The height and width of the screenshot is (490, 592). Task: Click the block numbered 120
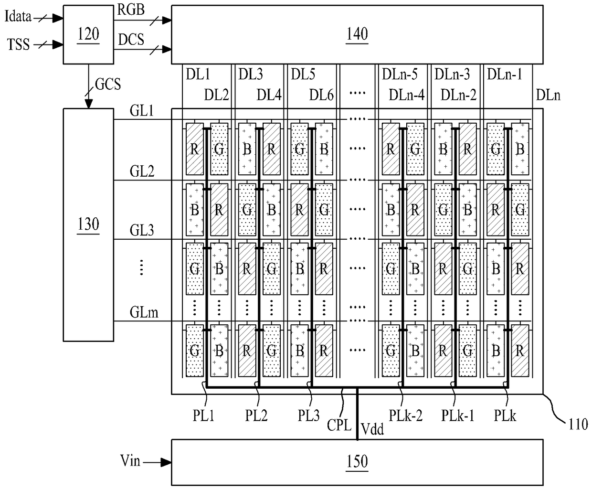pyautogui.click(x=88, y=34)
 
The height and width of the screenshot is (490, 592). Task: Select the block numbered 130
pyautogui.click(x=88, y=224)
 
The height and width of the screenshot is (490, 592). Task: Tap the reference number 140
pyautogui.click(x=357, y=34)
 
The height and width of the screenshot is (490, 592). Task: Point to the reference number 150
pyautogui.click(x=357, y=461)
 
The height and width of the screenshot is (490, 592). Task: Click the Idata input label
pyautogui.click(x=18, y=17)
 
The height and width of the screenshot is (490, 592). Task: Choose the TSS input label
pyautogui.click(x=19, y=44)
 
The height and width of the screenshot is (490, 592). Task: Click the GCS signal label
pyautogui.click(x=108, y=84)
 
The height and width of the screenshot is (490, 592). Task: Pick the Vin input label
pyautogui.click(x=130, y=460)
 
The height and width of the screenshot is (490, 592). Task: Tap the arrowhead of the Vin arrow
pyautogui.click(x=166, y=462)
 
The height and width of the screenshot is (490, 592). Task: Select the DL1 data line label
pyautogui.click(x=198, y=75)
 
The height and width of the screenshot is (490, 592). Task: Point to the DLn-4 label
pyautogui.click(x=407, y=95)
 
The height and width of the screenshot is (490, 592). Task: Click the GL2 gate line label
pyautogui.click(x=142, y=171)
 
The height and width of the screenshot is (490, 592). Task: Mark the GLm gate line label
pyautogui.click(x=144, y=312)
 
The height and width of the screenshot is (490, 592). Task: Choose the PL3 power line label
pyautogui.click(x=308, y=415)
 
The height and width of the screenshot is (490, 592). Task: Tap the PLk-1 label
pyautogui.click(x=458, y=415)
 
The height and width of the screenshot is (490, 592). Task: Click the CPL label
pyautogui.click(x=339, y=425)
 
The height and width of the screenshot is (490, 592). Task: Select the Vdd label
pyautogui.click(x=372, y=429)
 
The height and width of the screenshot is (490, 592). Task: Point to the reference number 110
pyautogui.click(x=578, y=425)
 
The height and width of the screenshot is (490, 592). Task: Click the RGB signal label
pyautogui.click(x=131, y=10)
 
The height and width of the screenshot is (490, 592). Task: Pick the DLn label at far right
pyautogui.click(x=548, y=95)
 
